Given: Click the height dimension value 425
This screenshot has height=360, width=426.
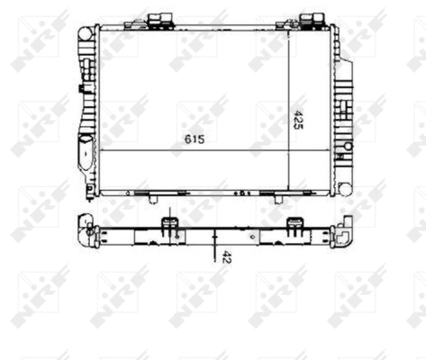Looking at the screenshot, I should click(x=299, y=121).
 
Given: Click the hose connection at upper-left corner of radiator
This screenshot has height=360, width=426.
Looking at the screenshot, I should click(x=86, y=33).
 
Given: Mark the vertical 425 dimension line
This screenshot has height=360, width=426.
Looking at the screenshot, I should click(x=288, y=108).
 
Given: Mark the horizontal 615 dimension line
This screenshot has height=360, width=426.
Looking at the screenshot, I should click(x=194, y=150).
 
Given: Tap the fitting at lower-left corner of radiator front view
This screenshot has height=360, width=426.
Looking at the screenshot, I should click(x=89, y=187).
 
